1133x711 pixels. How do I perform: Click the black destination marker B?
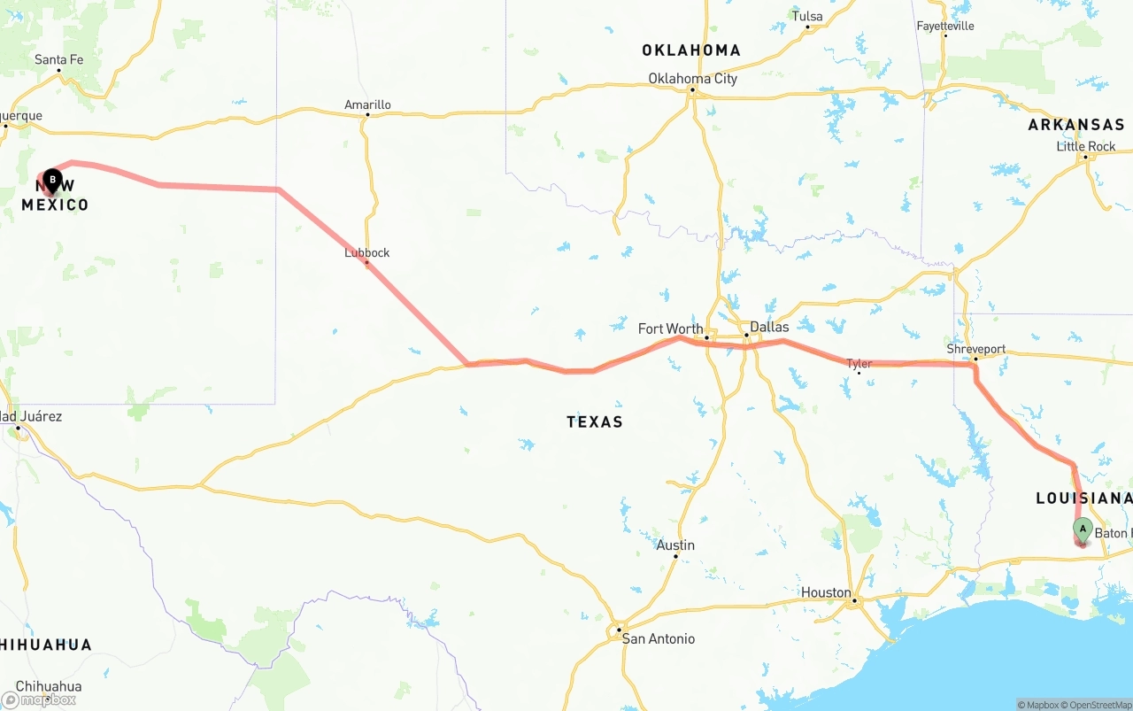(52, 181)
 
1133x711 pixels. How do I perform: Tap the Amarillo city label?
(367, 105)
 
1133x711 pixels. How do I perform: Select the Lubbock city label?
(366, 252)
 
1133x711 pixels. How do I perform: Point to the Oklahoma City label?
(692, 79)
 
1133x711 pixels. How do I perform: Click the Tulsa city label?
(807, 17)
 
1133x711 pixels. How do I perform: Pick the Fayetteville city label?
(944, 27)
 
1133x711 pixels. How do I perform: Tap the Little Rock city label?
(1086, 147)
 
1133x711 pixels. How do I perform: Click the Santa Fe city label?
(58, 60)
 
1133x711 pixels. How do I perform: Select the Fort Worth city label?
(670, 329)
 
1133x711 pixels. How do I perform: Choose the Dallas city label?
(768, 328)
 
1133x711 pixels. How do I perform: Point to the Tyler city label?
(859, 364)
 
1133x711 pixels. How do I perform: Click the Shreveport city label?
(975, 350)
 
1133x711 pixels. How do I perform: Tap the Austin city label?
(675, 545)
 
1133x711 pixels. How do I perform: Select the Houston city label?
(826, 592)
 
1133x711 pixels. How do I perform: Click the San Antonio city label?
(658, 639)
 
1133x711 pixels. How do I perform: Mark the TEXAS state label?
(595, 422)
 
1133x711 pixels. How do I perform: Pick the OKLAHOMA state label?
(691, 50)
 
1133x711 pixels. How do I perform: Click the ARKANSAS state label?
(1075, 125)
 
